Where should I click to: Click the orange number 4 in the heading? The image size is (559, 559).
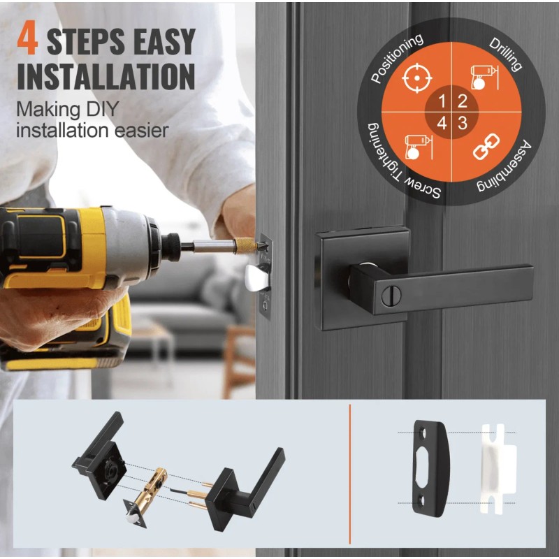(27, 38)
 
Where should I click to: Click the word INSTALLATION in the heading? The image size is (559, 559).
(106, 77)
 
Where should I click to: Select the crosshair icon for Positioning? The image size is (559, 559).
(416, 78)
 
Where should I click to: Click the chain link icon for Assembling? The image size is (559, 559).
(486, 146)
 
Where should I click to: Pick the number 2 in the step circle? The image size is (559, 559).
(463, 101)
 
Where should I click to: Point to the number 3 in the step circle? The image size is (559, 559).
(463, 124)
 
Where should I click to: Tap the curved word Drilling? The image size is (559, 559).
(505, 55)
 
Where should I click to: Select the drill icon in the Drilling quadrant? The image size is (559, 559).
(484, 78)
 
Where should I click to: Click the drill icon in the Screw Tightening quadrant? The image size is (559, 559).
(419, 147)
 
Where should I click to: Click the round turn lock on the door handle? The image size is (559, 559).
(391, 296)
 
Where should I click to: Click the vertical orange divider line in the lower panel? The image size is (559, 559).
(350, 474)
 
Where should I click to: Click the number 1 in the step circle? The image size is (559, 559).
(442, 101)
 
